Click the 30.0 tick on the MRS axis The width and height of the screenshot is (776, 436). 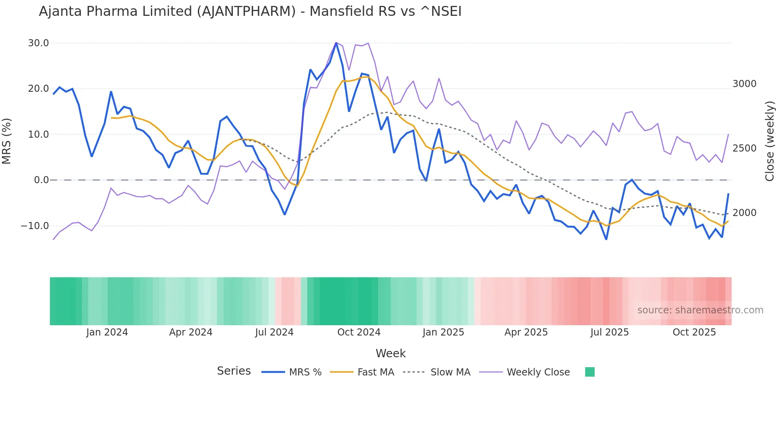38,43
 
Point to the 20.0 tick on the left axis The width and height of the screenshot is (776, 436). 38,89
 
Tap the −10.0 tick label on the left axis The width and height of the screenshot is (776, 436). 35,226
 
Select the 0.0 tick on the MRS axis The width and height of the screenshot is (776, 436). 41,180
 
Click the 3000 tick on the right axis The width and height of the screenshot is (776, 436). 744,84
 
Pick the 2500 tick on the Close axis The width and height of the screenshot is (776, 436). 744,148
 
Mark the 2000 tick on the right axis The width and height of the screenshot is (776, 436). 744,213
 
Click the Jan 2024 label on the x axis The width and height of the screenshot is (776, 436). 107,332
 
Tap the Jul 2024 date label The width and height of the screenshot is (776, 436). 274,332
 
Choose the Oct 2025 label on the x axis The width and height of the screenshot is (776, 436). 694,332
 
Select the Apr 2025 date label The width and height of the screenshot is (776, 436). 526,332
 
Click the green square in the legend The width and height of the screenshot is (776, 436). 590,372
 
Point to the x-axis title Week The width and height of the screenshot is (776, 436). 390,353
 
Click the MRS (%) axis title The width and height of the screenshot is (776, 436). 7,141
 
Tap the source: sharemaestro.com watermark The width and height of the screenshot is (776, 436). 700,310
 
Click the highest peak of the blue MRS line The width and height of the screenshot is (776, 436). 336,43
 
